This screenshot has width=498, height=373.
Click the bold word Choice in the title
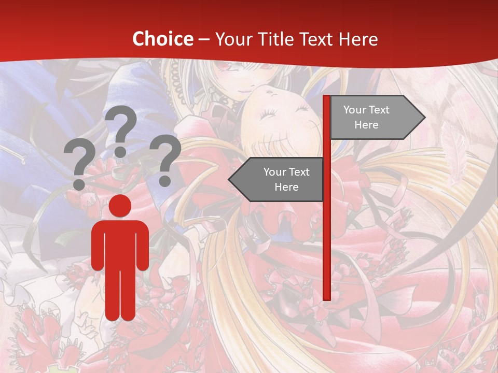(162, 39)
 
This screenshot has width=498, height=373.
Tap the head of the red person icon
(120, 206)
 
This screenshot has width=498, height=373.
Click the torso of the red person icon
(120, 243)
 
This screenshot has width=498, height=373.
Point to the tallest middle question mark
(121, 130)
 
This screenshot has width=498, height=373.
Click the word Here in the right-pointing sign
(366, 125)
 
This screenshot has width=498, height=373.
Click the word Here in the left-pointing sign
(286, 187)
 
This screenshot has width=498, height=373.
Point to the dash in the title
(204, 40)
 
